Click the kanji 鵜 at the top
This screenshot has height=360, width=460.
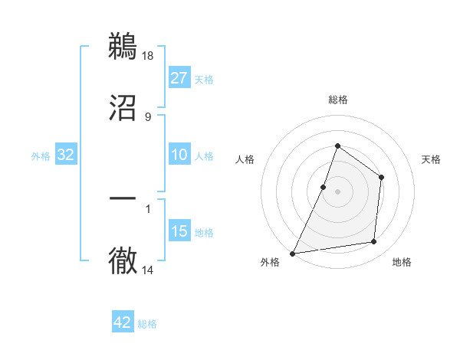[x=123, y=45]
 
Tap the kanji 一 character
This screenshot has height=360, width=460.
[x=123, y=198]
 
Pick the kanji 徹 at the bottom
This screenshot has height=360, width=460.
[x=123, y=261]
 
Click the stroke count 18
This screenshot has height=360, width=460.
[x=149, y=55]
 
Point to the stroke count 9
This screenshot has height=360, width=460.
[x=148, y=116]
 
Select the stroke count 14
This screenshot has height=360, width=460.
[x=149, y=271]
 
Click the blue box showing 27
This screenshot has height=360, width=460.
[x=179, y=78]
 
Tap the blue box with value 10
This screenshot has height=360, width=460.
[x=179, y=155]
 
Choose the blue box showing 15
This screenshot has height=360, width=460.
[x=179, y=231]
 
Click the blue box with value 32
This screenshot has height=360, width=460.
[x=66, y=155]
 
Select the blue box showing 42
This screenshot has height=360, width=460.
[x=123, y=322]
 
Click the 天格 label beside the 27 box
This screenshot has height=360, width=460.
[x=203, y=80]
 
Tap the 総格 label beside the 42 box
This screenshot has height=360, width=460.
[x=147, y=324]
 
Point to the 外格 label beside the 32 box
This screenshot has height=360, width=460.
[x=41, y=156]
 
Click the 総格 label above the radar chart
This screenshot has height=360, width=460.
[x=338, y=100]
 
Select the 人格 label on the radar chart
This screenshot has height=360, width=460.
[x=245, y=159]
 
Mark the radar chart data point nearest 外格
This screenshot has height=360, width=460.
[x=292, y=254]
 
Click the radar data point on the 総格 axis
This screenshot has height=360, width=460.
[x=337, y=146]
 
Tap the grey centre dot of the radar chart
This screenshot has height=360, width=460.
[x=337, y=191]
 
